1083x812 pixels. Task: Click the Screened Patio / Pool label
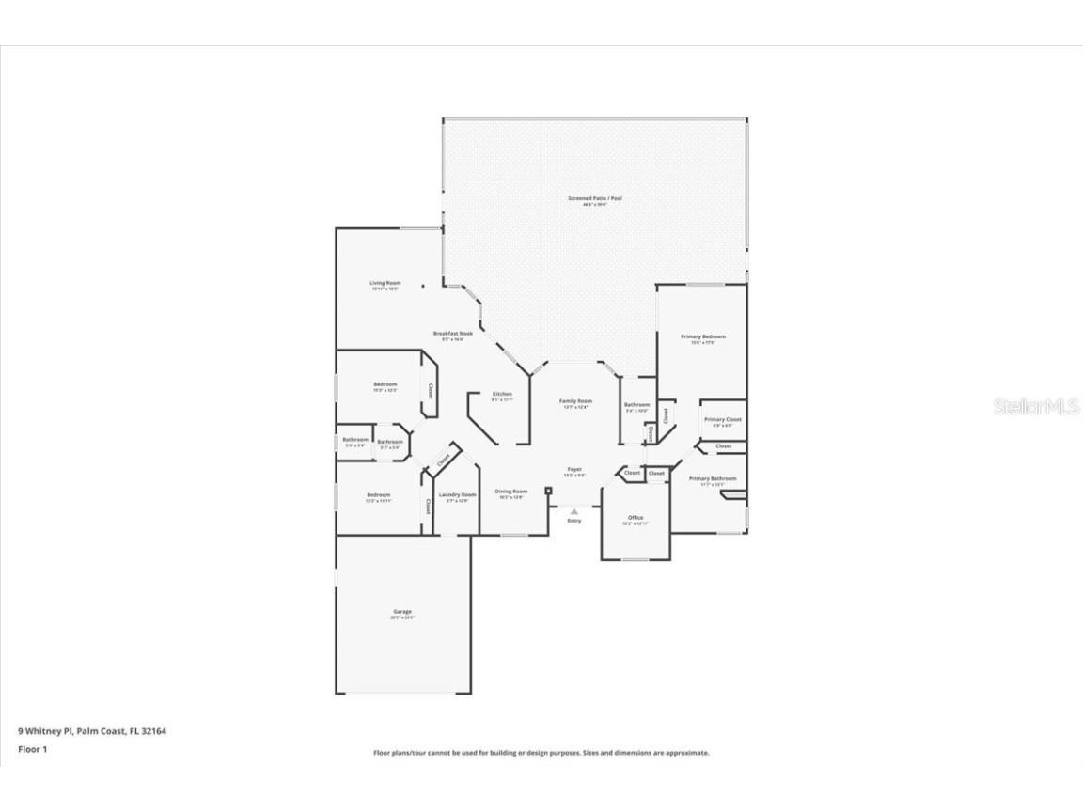[594, 198]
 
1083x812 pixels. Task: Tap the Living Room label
[385, 283]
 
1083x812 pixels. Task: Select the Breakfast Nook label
[452, 334]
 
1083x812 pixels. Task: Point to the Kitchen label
[502, 394]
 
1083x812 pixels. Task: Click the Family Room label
[575, 401]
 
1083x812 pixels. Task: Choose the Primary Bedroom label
[703, 336]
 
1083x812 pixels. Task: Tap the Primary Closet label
[722, 419]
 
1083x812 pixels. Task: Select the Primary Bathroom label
[712, 479]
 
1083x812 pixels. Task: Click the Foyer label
[573, 469]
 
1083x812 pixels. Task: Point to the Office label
[635, 518]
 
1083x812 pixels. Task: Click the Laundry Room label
[457, 494]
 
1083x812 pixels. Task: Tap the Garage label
[401, 612]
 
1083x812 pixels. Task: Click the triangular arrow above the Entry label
[573, 511]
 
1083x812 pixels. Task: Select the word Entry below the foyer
[573, 521]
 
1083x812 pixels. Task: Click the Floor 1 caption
[31, 749]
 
